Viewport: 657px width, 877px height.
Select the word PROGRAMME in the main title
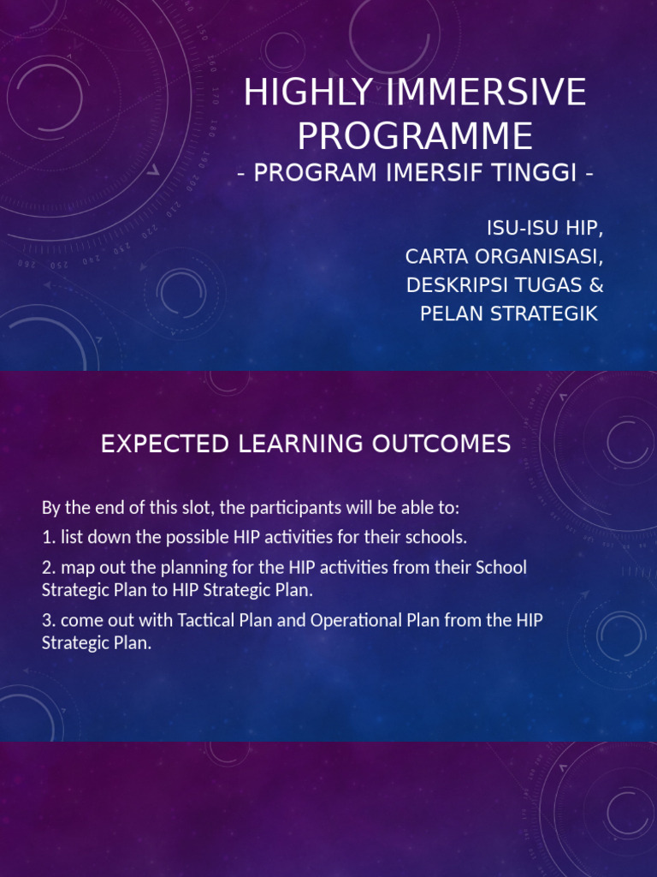point(415,137)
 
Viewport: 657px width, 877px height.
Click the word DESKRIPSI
point(457,285)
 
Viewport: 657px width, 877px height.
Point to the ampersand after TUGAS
point(595,285)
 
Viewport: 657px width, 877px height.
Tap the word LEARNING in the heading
point(292,444)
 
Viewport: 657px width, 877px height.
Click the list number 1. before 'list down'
point(48,538)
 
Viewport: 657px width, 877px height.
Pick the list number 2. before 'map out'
point(48,568)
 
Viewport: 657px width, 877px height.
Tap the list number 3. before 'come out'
point(48,621)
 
